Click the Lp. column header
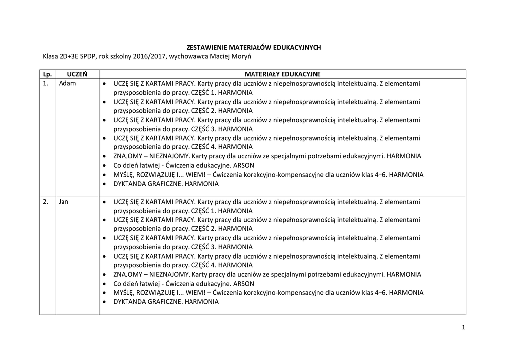(x=47, y=74)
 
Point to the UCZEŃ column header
(x=77, y=74)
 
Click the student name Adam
(x=67, y=83)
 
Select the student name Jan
(x=63, y=202)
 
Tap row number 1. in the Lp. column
(x=46, y=83)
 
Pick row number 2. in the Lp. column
(x=46, y=202)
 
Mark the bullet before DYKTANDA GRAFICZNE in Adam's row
(x=104, y=184)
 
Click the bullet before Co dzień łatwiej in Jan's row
(x=104, y=284)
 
